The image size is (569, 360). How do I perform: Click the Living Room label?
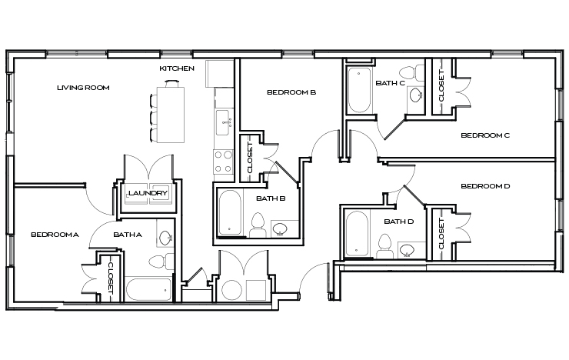point(83,88)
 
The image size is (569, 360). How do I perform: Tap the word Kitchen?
point(177,68)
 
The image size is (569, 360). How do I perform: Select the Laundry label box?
point(148,193)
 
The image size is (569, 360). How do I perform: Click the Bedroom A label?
point(55,234)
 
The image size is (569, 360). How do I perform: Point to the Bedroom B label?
point(291,92)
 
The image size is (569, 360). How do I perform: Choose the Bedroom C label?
point(485,135)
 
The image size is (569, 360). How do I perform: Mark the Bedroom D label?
point(485,186)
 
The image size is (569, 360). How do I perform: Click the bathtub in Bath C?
point(358,91)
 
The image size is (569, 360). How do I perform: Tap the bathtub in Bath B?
point(230,214)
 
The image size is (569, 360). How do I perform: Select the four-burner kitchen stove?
point(223,160)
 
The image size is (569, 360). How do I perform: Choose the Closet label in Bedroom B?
point(249,156)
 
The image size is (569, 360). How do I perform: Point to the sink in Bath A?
point(165,235)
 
